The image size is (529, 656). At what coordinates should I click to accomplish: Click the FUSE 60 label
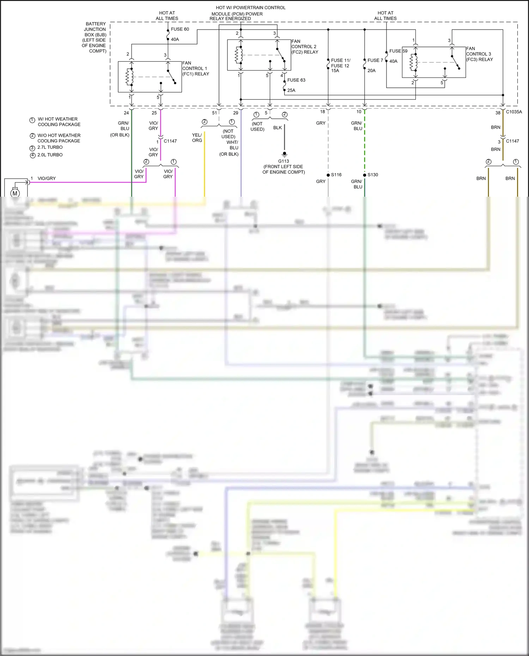coord(180,29)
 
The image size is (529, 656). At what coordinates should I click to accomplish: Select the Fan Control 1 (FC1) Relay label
coord(195,68)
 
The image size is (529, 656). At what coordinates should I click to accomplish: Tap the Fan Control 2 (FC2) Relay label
coord(304,47)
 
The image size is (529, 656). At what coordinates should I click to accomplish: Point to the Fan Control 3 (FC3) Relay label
coord(479,54)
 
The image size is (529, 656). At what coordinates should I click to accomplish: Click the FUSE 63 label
coord(296,80)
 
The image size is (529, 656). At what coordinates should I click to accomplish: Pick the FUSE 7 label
coord(375,60)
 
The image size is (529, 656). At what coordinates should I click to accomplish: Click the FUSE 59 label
coord(398,51)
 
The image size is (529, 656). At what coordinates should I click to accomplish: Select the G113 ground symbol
coord(284,154)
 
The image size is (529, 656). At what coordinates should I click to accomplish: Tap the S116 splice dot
coord(328,175)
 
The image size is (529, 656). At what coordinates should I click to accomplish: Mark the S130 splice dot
coord(365,175)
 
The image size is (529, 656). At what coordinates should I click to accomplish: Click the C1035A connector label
coord(514,112)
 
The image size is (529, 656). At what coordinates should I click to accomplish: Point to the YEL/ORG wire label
coord(197,137)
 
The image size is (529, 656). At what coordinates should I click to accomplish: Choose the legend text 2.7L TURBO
coord(50,147)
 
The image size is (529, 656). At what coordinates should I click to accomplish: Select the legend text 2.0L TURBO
coord(50,155)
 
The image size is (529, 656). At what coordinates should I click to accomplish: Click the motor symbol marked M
coord(15,193)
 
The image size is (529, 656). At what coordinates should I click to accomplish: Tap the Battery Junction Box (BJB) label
coord(95,37)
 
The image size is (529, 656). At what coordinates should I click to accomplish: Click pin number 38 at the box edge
coord(498,113)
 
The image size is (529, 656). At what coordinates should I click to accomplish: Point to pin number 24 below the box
coord(126,113)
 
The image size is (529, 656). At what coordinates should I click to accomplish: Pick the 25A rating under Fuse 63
coord(291,90)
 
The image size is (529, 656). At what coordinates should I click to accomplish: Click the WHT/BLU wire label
coord(233,145)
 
